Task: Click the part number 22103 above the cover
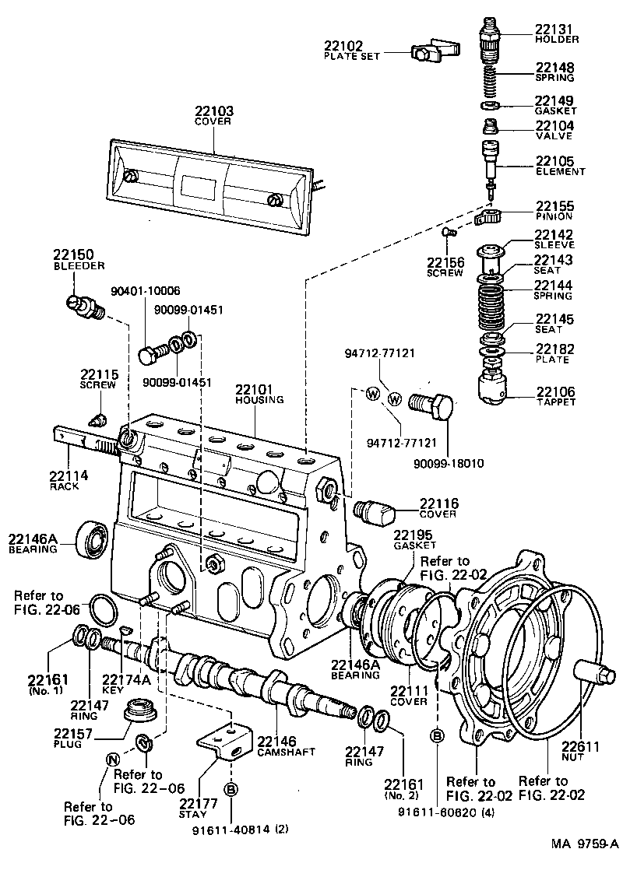214,111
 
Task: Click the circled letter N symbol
112,759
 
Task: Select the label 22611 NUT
581,751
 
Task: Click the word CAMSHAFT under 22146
278,753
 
